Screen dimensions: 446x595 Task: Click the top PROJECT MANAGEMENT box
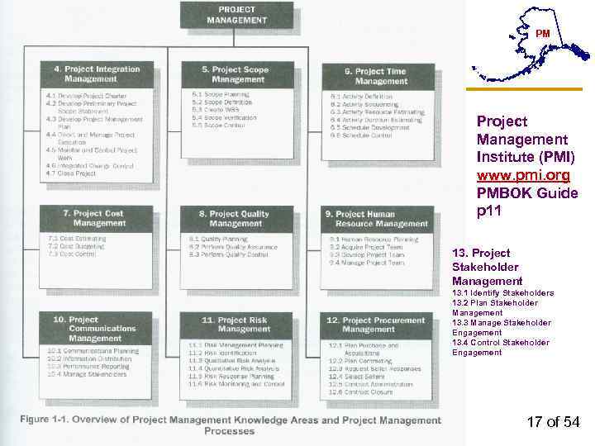click(x=237, y=15)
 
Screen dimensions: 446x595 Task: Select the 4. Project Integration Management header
click(x=97, y=74)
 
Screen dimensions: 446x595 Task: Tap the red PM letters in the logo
click(x=542, y=33)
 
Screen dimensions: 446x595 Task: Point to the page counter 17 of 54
click(x=553, y=423)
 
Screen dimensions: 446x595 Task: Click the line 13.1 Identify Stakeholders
click(x=502, y=293)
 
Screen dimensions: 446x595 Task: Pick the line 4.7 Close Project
click(x=71, y=173)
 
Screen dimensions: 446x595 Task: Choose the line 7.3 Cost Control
click(x=72, y=254)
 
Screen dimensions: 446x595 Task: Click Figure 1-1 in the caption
click(x=49, y=417)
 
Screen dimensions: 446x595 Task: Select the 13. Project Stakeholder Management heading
click(x=488, y=267)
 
